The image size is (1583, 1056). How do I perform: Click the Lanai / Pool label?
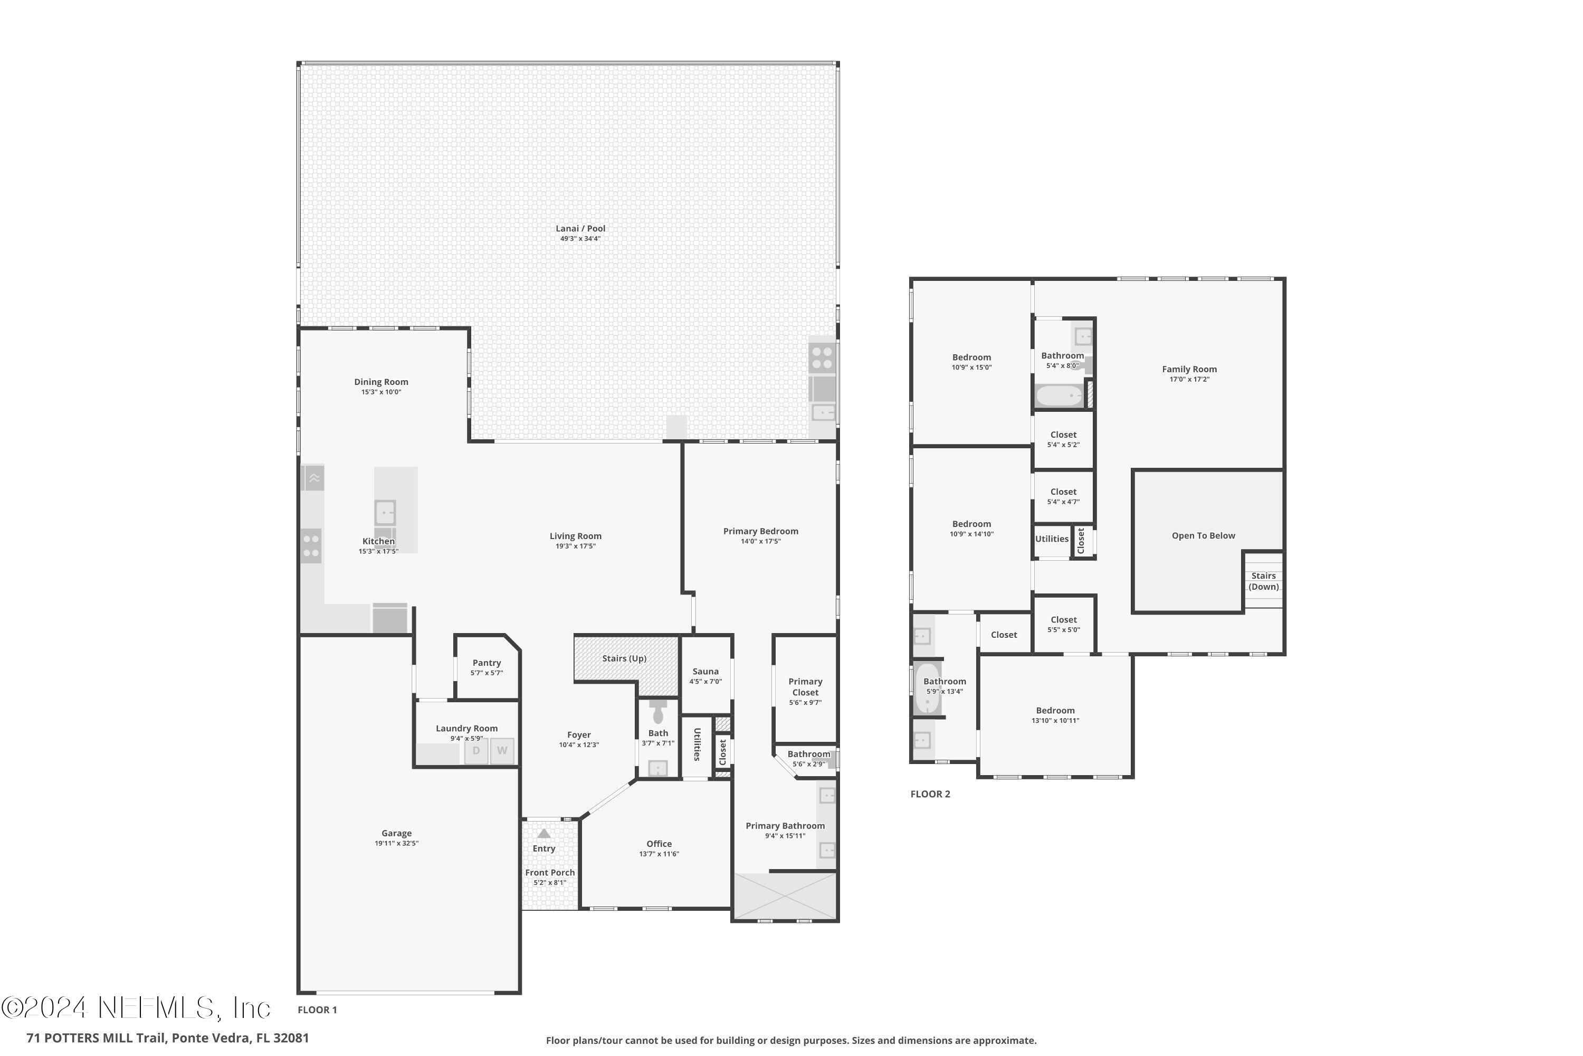[x=580, y=228]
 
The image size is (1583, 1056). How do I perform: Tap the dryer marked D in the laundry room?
[x=476, y=751]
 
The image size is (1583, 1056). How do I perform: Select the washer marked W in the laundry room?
[x=502, y=751]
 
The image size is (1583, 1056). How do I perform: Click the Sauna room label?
[x=705, y=672]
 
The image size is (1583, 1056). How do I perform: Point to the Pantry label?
[x=487, y=663]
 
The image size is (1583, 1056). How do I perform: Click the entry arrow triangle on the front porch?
[x=544, y=834]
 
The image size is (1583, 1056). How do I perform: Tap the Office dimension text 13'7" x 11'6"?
[x=659, y=854]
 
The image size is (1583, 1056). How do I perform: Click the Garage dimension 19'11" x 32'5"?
[x=396, y=843]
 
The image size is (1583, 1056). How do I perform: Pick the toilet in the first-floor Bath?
[x=658, y=711]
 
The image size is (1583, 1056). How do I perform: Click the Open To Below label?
[x=1204, y=536]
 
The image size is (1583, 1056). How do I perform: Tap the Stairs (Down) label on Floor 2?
[x=1263, y=581]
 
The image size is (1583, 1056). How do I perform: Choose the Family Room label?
[x=1189, y=369]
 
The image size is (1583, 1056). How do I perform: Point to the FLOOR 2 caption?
[x=930, y=794]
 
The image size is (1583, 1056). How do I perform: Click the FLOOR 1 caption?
[x=317, y=1010]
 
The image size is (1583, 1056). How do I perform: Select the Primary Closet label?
[x=806, y=687]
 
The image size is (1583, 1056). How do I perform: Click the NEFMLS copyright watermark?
[x=136, y=1008]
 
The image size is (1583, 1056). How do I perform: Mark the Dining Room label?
[x=381, y=382]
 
